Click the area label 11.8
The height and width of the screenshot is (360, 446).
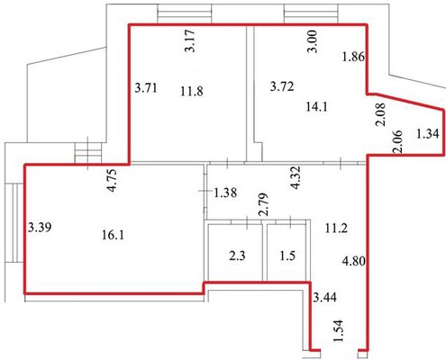192,91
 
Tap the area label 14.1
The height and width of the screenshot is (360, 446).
317,106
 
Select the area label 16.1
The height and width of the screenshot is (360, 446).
113,235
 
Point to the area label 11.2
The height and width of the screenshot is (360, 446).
336,229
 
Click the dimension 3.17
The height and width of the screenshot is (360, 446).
190,41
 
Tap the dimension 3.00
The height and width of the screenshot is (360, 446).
312,41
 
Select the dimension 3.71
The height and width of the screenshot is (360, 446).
146,88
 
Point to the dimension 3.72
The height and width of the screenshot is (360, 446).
282,86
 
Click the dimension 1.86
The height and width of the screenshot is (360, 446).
353,57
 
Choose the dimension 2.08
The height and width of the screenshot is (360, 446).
380,114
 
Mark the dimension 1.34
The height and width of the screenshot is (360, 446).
428,133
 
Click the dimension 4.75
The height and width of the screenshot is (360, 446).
114,180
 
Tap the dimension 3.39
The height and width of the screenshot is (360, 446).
40,227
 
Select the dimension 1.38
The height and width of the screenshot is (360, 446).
225,193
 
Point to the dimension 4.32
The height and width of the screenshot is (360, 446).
295,177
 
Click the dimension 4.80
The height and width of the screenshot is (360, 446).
354,261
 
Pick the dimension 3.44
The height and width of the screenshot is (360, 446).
324,297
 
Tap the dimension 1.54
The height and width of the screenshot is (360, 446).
338,331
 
